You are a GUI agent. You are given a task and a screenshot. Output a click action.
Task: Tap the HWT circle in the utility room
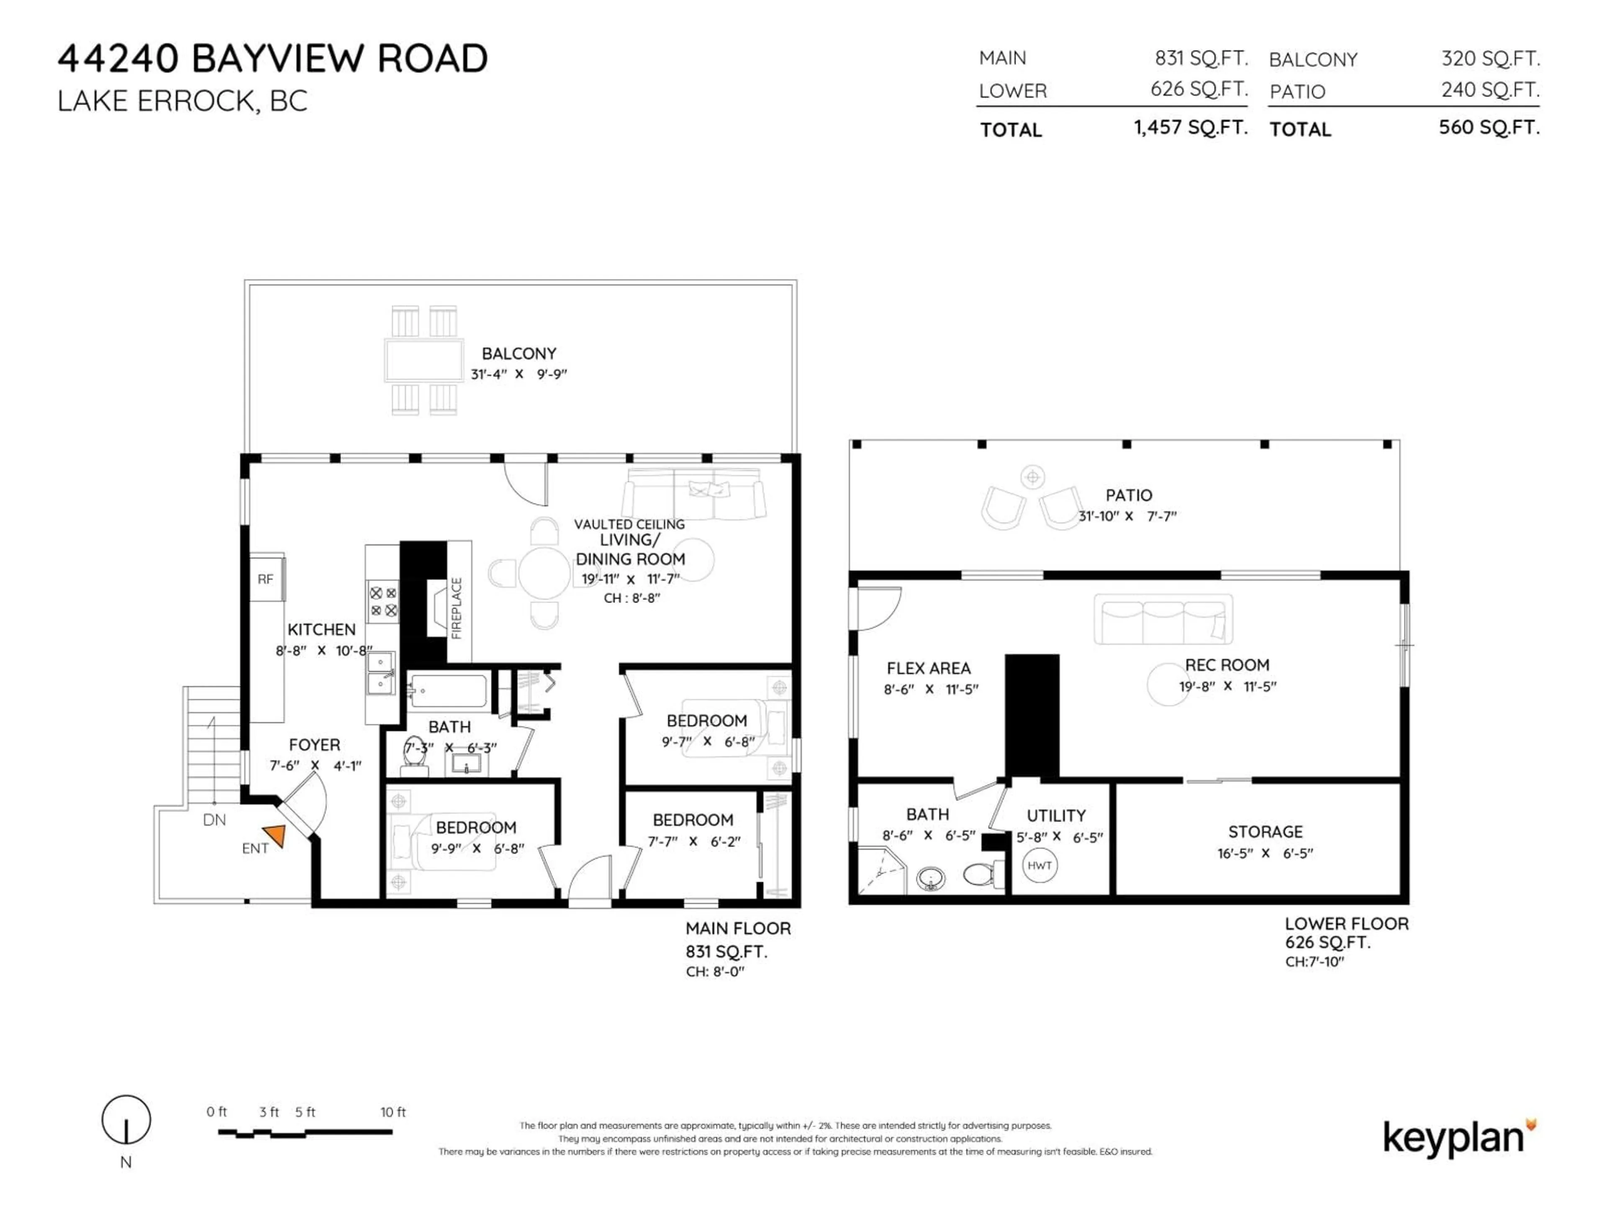click(1040, 865)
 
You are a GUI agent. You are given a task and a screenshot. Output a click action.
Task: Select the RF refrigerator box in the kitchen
click(266, 579)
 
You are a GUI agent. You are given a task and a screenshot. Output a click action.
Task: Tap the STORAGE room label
click(1265, 832)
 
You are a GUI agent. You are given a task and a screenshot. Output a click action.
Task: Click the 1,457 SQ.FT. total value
click(1190, 128)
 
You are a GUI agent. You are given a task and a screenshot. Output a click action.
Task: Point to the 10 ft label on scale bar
click(393, 1112)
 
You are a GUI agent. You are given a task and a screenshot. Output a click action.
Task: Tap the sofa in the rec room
click(1163, 620)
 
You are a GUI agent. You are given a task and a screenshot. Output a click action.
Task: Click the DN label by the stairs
click(214, 820)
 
